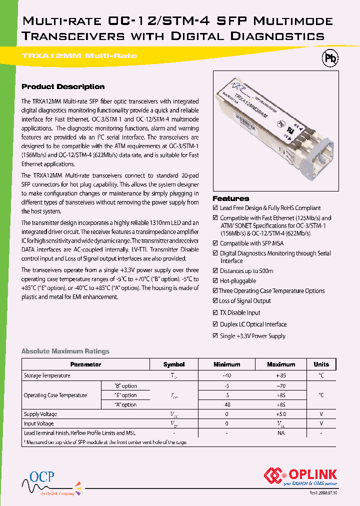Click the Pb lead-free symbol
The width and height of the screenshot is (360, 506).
point(330,58)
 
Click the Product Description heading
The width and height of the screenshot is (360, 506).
point(63,86)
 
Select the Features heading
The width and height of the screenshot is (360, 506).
point(230,198)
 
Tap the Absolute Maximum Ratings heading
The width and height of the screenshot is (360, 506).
point(65,351)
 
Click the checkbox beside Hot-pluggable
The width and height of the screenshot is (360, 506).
point(215,281)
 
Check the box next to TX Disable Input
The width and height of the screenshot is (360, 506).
point(215,312)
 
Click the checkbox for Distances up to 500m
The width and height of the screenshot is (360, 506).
point(215,271)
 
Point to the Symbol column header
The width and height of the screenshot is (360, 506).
point(174,364)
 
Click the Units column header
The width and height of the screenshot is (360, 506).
point(321,364)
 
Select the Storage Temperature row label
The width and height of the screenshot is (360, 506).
point(47,375)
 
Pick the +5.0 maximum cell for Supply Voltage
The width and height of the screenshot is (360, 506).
point(281,414)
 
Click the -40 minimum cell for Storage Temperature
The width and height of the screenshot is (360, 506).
point(227,375)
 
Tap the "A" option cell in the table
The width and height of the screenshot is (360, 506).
point(125,404)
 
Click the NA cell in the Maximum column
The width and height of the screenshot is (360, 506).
point(281,433)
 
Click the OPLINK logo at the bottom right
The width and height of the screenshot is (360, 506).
point(301,476)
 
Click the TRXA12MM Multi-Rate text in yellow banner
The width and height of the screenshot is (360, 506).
point(79,55)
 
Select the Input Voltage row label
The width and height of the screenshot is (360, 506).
point(39,423)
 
